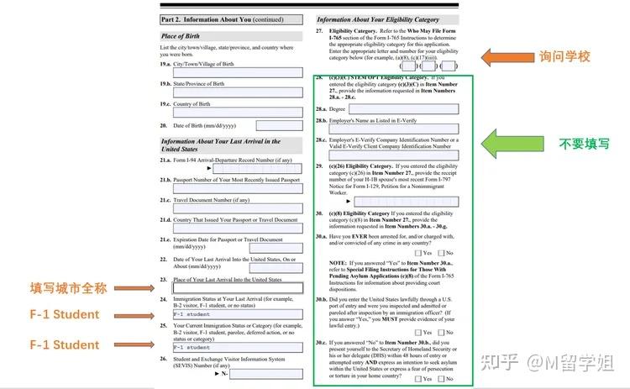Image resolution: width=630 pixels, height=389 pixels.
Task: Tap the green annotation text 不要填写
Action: tap(585, 144)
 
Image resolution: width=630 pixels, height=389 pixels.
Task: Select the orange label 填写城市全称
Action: tap(70, 288)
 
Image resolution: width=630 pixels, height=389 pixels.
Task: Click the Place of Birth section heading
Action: tap(179, 37)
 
